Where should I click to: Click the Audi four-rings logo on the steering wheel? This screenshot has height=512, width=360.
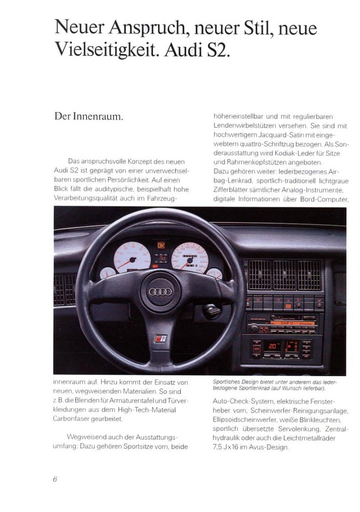(x=160, y=291)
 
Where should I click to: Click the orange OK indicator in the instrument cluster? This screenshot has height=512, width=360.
(x=161, y=245)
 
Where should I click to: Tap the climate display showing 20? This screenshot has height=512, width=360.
(x=273, y=346)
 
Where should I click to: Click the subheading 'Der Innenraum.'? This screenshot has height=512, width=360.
(x=88, y=117)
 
